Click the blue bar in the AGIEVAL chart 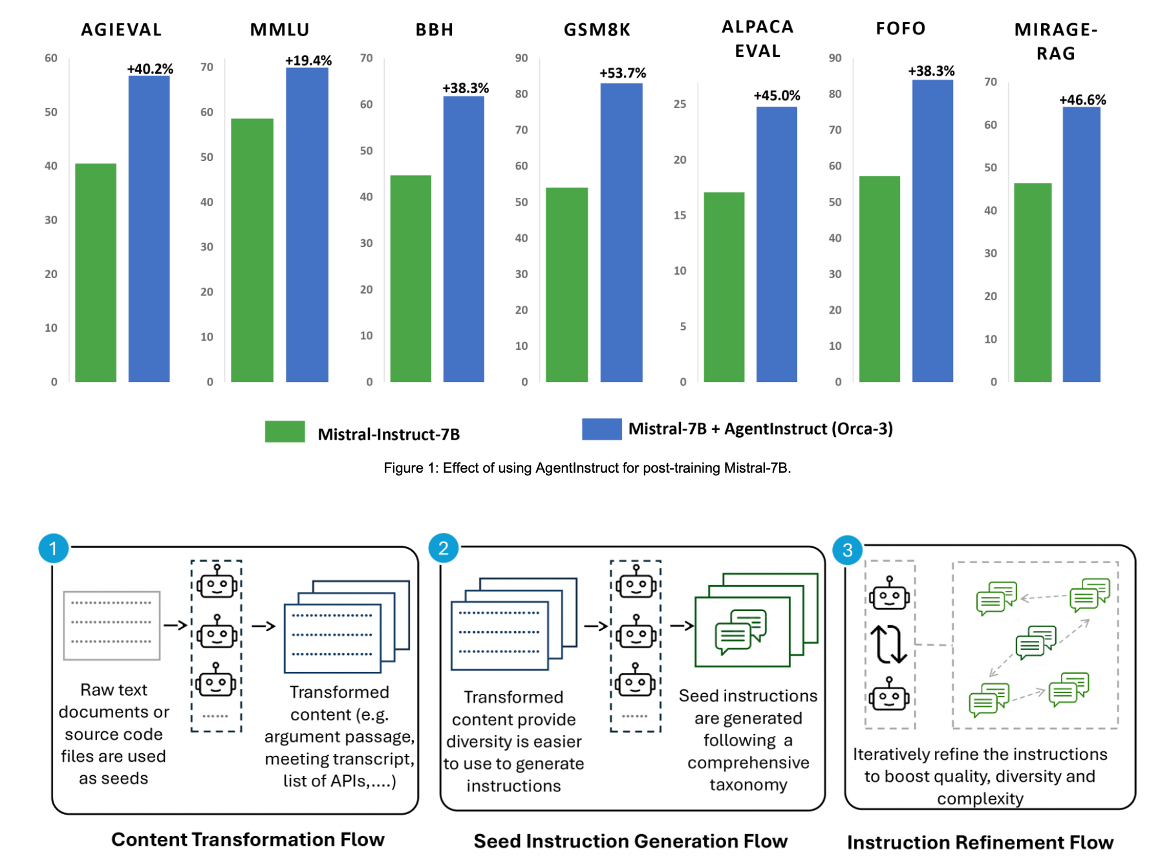coord(149,229)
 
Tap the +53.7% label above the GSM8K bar coord(622,73)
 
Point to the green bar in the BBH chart coord(411,279)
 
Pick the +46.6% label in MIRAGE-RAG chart coord(1082,100)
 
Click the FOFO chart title coord(900,28)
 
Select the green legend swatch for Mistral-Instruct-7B coord(285,432)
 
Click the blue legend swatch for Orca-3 coord(601,429)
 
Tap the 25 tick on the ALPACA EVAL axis coord(680,104)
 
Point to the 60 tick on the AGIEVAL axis coord(51,58)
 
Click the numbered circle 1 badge coord(53,549)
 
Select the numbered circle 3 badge coord(847,550)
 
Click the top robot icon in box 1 coord(217,582)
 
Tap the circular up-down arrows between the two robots coord(888,645)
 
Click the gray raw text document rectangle coord(112,625)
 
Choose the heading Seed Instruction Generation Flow coord(630,841)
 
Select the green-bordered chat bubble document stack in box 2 coord(755,621)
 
